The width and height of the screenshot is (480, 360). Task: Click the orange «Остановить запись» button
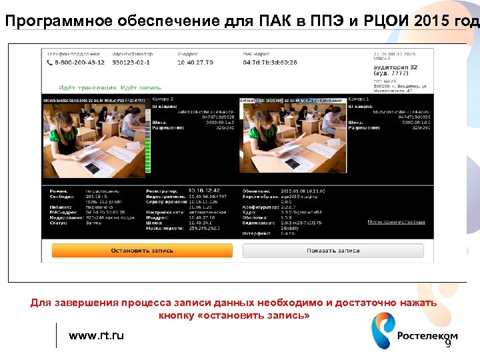tap(141, 251)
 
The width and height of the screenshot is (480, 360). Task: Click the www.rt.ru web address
tap(96, 335)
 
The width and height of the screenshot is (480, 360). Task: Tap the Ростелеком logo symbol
tap(382, 331)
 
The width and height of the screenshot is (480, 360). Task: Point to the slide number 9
tap(448, 344)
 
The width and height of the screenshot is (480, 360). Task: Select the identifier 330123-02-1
tap(131, 62)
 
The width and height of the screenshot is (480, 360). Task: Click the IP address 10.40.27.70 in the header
tap(195, 62)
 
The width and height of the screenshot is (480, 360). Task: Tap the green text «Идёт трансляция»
tap(87, 87)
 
